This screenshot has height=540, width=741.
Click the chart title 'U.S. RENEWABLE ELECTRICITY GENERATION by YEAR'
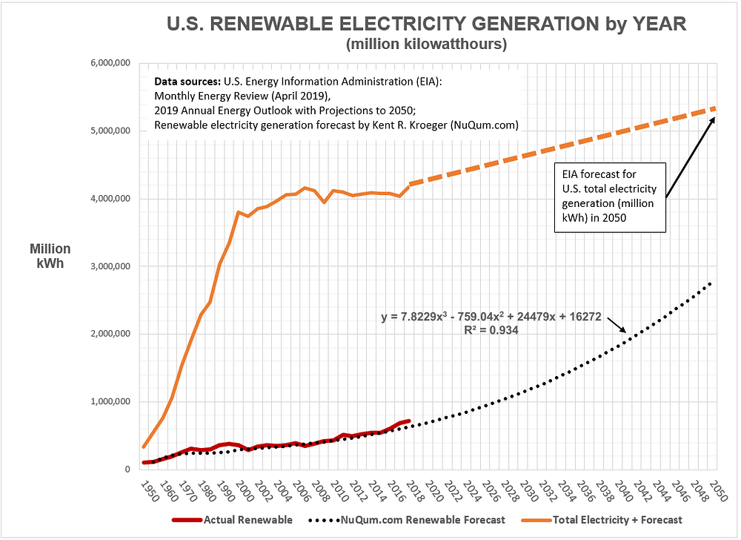tap(426, 24)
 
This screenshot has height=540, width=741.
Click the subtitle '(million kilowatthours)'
tap(426, 45)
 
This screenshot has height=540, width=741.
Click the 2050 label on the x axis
tap(717, 491)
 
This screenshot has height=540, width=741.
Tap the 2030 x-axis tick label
tap(525, 491)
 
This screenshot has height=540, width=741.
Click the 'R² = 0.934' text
tap(490, 331)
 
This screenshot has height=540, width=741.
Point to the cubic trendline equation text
tap(490, 317)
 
